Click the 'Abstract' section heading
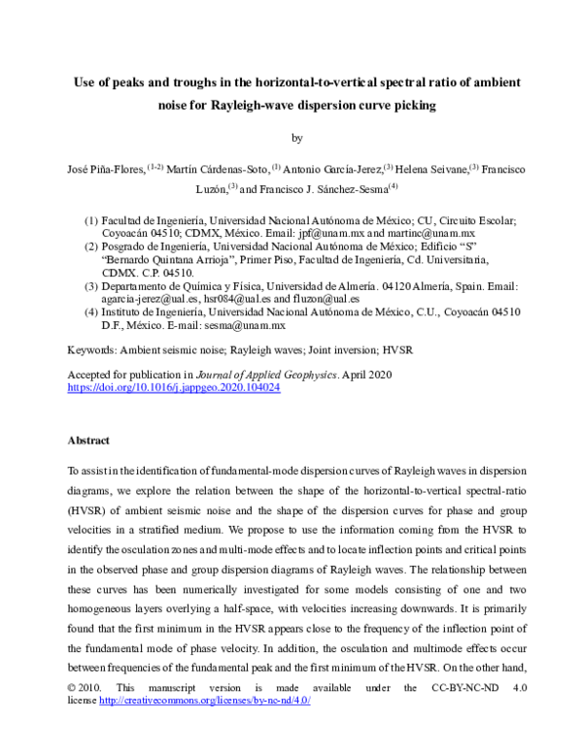pos(88,440)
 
